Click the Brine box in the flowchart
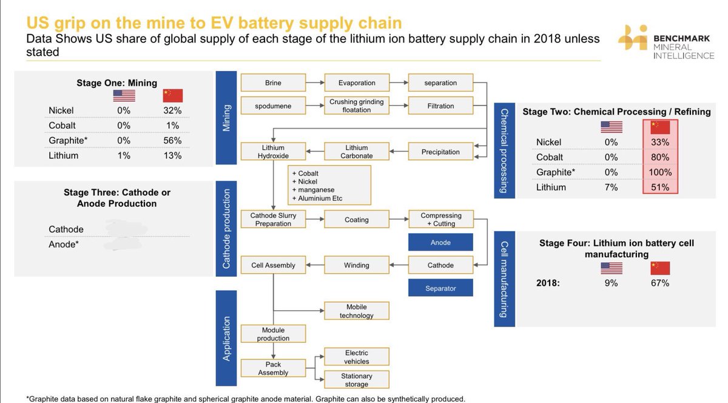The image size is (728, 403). tap(273, 83)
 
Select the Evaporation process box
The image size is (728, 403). tap(356, 83)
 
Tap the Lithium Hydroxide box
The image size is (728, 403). tap(273, 152)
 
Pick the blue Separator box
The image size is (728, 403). tap(440, 288)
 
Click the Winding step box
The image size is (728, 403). tap(356, 265)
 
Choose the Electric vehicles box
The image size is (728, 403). tap(356, 357)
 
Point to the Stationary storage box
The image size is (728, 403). tap(356, 380)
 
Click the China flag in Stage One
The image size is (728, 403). tap(173, 95)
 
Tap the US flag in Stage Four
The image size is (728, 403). tap(611, 268)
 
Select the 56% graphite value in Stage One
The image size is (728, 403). tap(173, 140)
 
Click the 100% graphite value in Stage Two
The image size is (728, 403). tap(660, 172)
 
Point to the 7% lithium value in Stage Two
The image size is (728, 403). tap(611, 188)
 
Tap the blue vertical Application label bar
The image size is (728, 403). tap(226, 339)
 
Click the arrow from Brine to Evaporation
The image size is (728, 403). tap(314, 83)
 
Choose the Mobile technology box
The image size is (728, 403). tap(356, 311)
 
